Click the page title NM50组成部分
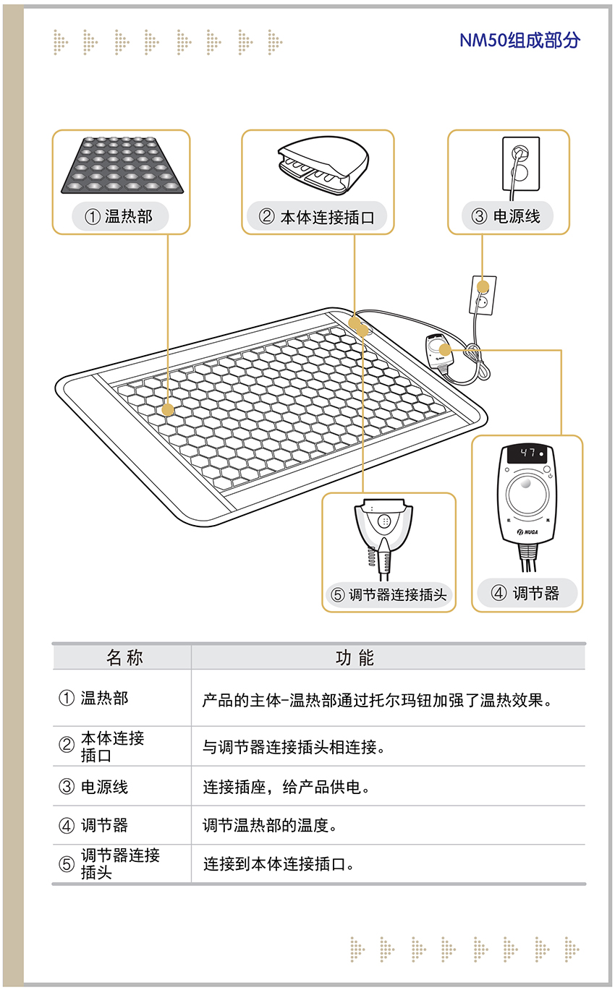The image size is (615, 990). pos(519,40)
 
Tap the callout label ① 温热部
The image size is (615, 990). pos(119,216)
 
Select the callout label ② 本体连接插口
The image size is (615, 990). pos(317,217)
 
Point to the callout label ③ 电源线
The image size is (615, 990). pos(508,216)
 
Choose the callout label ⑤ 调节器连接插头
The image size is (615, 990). pos(389,594)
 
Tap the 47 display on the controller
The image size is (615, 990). pos(527,453)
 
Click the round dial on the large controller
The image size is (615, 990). pos(527,494)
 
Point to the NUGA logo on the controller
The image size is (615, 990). pos(527,532)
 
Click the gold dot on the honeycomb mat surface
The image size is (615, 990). pos(168,410)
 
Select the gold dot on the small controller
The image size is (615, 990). pos(445,350)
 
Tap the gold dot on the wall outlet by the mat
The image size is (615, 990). pos(483,287)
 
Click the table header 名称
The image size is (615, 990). pos(124,657)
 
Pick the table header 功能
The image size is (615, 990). pos(355,657)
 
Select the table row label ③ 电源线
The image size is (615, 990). pos(93,787)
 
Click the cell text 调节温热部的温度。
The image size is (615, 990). pos(270,825)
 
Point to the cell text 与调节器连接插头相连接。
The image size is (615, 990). pos(294,747)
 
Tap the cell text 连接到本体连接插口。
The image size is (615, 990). pos(278,863)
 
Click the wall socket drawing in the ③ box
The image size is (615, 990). pos(521,168)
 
